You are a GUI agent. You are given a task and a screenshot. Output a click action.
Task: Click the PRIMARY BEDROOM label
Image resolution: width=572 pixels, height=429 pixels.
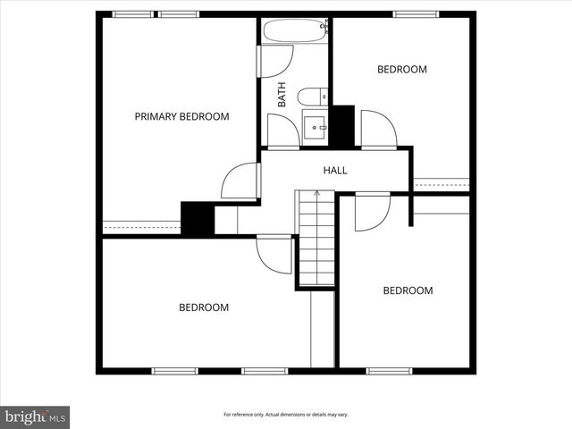pos(181,116)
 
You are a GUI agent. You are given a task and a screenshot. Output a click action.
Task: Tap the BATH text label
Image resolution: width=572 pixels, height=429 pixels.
pos(282,95)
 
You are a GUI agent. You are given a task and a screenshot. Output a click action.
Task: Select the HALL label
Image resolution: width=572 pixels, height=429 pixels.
pos(335,170)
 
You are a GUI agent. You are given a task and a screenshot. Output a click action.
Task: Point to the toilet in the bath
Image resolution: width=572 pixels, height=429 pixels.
pos(312,97)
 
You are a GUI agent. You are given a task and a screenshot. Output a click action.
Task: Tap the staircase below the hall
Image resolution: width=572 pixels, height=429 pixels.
pos(315,239)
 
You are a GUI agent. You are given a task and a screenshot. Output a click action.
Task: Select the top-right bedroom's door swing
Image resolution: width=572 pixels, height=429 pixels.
pos(377,129)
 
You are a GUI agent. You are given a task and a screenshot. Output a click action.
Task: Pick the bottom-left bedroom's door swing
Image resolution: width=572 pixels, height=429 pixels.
pos(273,254)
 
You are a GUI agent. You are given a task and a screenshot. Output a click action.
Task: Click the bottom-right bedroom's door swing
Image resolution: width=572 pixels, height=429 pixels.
pos(372,213)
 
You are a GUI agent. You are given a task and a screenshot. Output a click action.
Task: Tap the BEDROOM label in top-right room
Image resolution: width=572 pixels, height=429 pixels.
pos(401,69)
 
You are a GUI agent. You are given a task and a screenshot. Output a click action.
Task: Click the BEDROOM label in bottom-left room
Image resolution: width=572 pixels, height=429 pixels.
pos(204,307)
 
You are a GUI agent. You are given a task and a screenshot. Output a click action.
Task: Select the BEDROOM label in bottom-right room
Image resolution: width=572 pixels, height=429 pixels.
pos(408,290)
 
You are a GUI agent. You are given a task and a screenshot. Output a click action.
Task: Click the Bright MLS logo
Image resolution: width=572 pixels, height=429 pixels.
pos(35,416)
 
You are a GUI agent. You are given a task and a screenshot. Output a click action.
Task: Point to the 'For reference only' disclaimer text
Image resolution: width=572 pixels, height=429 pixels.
pos(285,415)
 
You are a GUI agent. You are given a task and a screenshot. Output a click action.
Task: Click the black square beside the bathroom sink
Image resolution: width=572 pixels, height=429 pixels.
pos(342,126)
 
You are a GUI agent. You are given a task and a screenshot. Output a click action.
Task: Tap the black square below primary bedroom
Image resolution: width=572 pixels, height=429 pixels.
pos(197,219)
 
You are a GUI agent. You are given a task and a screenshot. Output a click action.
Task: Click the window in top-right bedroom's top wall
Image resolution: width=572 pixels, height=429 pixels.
pos(416,14)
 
